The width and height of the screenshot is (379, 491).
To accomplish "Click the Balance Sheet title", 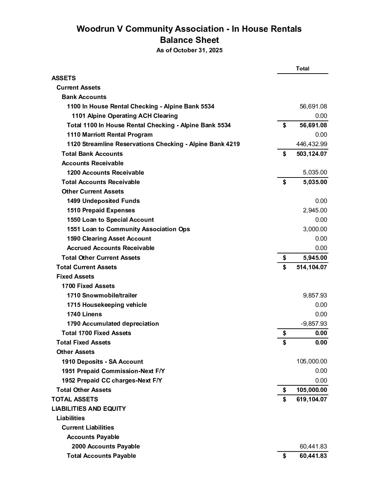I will tap(189, 40).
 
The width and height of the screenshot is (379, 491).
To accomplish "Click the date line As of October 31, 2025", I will tap(189, 50).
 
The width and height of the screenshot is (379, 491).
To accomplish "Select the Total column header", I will tap(302, 69).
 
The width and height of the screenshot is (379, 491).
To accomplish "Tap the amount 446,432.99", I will tap(311, 144).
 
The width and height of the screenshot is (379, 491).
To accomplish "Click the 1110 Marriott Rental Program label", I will tap(110, 135).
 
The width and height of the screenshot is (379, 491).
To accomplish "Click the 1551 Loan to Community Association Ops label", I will tap(128, 229).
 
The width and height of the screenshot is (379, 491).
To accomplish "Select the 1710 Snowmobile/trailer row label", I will tap(102, 295).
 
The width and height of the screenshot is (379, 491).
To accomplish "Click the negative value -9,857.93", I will tap(314, 324).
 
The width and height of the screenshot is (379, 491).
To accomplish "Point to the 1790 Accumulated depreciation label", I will tap(113, 324).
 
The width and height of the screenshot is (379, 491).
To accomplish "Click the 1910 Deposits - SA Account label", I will tap(102, 362).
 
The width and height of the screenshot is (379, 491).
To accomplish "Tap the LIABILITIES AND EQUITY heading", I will tap(89, 409).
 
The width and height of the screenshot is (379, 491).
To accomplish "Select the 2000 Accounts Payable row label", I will tap(106, 446).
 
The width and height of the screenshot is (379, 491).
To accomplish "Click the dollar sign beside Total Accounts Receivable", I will tap(285, 182).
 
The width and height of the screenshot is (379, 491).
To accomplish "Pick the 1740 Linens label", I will tap(84, 314).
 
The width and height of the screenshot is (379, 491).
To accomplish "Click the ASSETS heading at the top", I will tap(64, 78).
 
